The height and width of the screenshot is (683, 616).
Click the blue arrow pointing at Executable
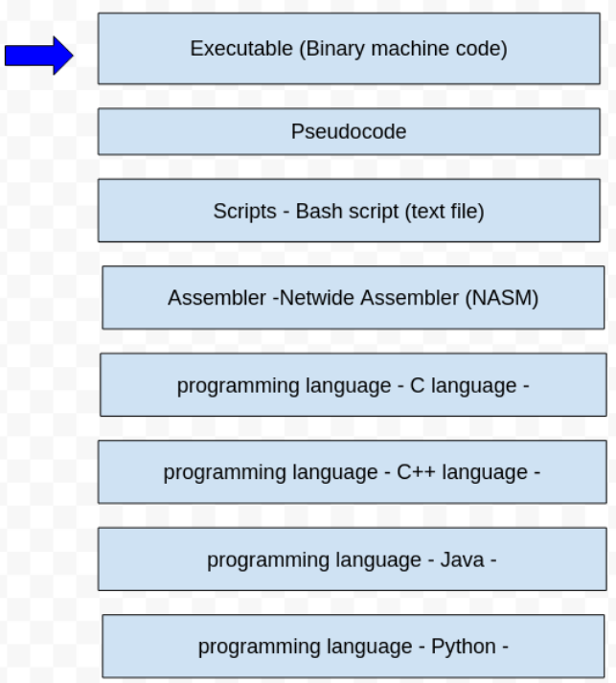39,56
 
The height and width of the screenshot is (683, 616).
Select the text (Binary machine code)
404,48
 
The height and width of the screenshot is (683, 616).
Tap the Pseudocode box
349,131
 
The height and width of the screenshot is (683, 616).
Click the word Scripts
244,211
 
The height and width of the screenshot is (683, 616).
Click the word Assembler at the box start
217,298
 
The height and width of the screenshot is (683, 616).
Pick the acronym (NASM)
502,298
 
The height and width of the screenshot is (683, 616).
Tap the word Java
462,559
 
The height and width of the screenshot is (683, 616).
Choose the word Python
464,647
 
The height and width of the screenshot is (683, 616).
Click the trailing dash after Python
505,647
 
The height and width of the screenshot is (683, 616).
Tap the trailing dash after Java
493,559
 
